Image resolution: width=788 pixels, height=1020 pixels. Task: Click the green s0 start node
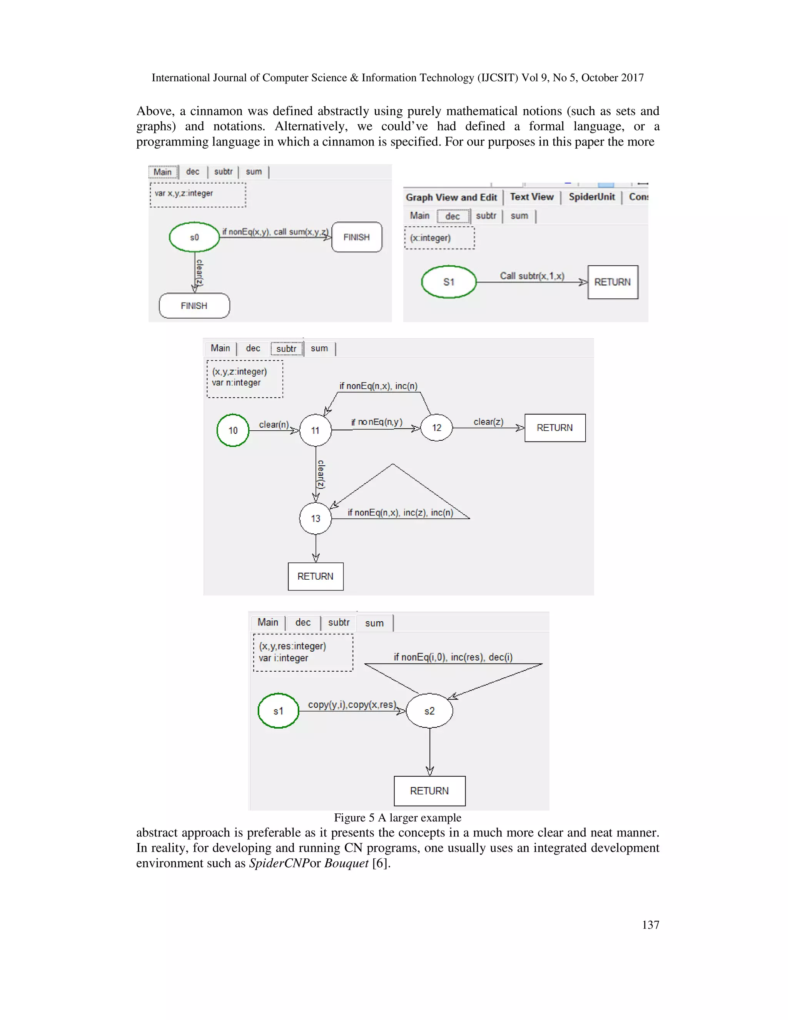194,237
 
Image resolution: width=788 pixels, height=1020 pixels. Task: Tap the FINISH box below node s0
194,306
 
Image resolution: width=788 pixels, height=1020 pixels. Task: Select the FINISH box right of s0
357,237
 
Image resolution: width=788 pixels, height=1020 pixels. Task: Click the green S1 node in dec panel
449,282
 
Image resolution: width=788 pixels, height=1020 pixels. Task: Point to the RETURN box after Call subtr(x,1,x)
613,282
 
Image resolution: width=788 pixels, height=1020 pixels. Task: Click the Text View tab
532,197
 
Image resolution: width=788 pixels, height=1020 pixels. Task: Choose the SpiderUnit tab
591,197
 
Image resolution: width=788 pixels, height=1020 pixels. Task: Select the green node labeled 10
233,430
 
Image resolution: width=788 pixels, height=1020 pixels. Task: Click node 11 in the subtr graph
316,430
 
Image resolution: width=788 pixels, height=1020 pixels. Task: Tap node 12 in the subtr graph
436,428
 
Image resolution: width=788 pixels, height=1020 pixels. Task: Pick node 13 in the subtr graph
316,518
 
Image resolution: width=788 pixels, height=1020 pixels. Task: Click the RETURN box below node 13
316,576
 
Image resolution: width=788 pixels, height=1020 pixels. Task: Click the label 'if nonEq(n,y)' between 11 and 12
377,422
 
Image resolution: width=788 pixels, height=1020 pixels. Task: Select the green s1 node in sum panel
278,711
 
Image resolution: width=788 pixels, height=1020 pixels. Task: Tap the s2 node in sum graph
429,711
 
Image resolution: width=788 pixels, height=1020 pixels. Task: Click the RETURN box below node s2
429,791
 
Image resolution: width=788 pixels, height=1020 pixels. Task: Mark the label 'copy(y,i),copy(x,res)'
352,704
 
